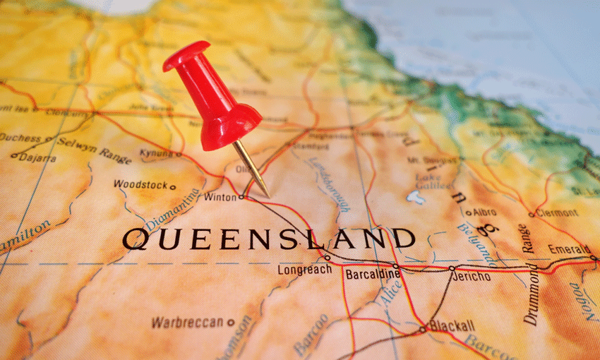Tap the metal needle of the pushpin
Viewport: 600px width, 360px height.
[x=252, y=169]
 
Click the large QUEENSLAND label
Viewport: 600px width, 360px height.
[x=269, y=238]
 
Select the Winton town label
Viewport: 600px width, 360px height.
[x=220, y=198]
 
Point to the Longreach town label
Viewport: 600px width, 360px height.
[x=304, y=270]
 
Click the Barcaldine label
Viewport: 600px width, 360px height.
[x=373, y=274]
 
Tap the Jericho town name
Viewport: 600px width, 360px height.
[x=470, y=276]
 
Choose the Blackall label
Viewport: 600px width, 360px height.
[x=452, y=325]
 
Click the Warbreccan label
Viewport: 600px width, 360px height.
[x=188, y=323]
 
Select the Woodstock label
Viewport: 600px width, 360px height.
[x=140, y=185]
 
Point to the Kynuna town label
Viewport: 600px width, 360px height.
[x=155, y=152]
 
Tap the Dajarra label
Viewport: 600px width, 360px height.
[x=37, y=158]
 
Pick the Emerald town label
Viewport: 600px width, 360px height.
[x=568, y=249]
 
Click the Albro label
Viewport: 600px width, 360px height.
[x=485, y=212]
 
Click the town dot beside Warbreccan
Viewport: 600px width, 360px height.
[x=231, y=323]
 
